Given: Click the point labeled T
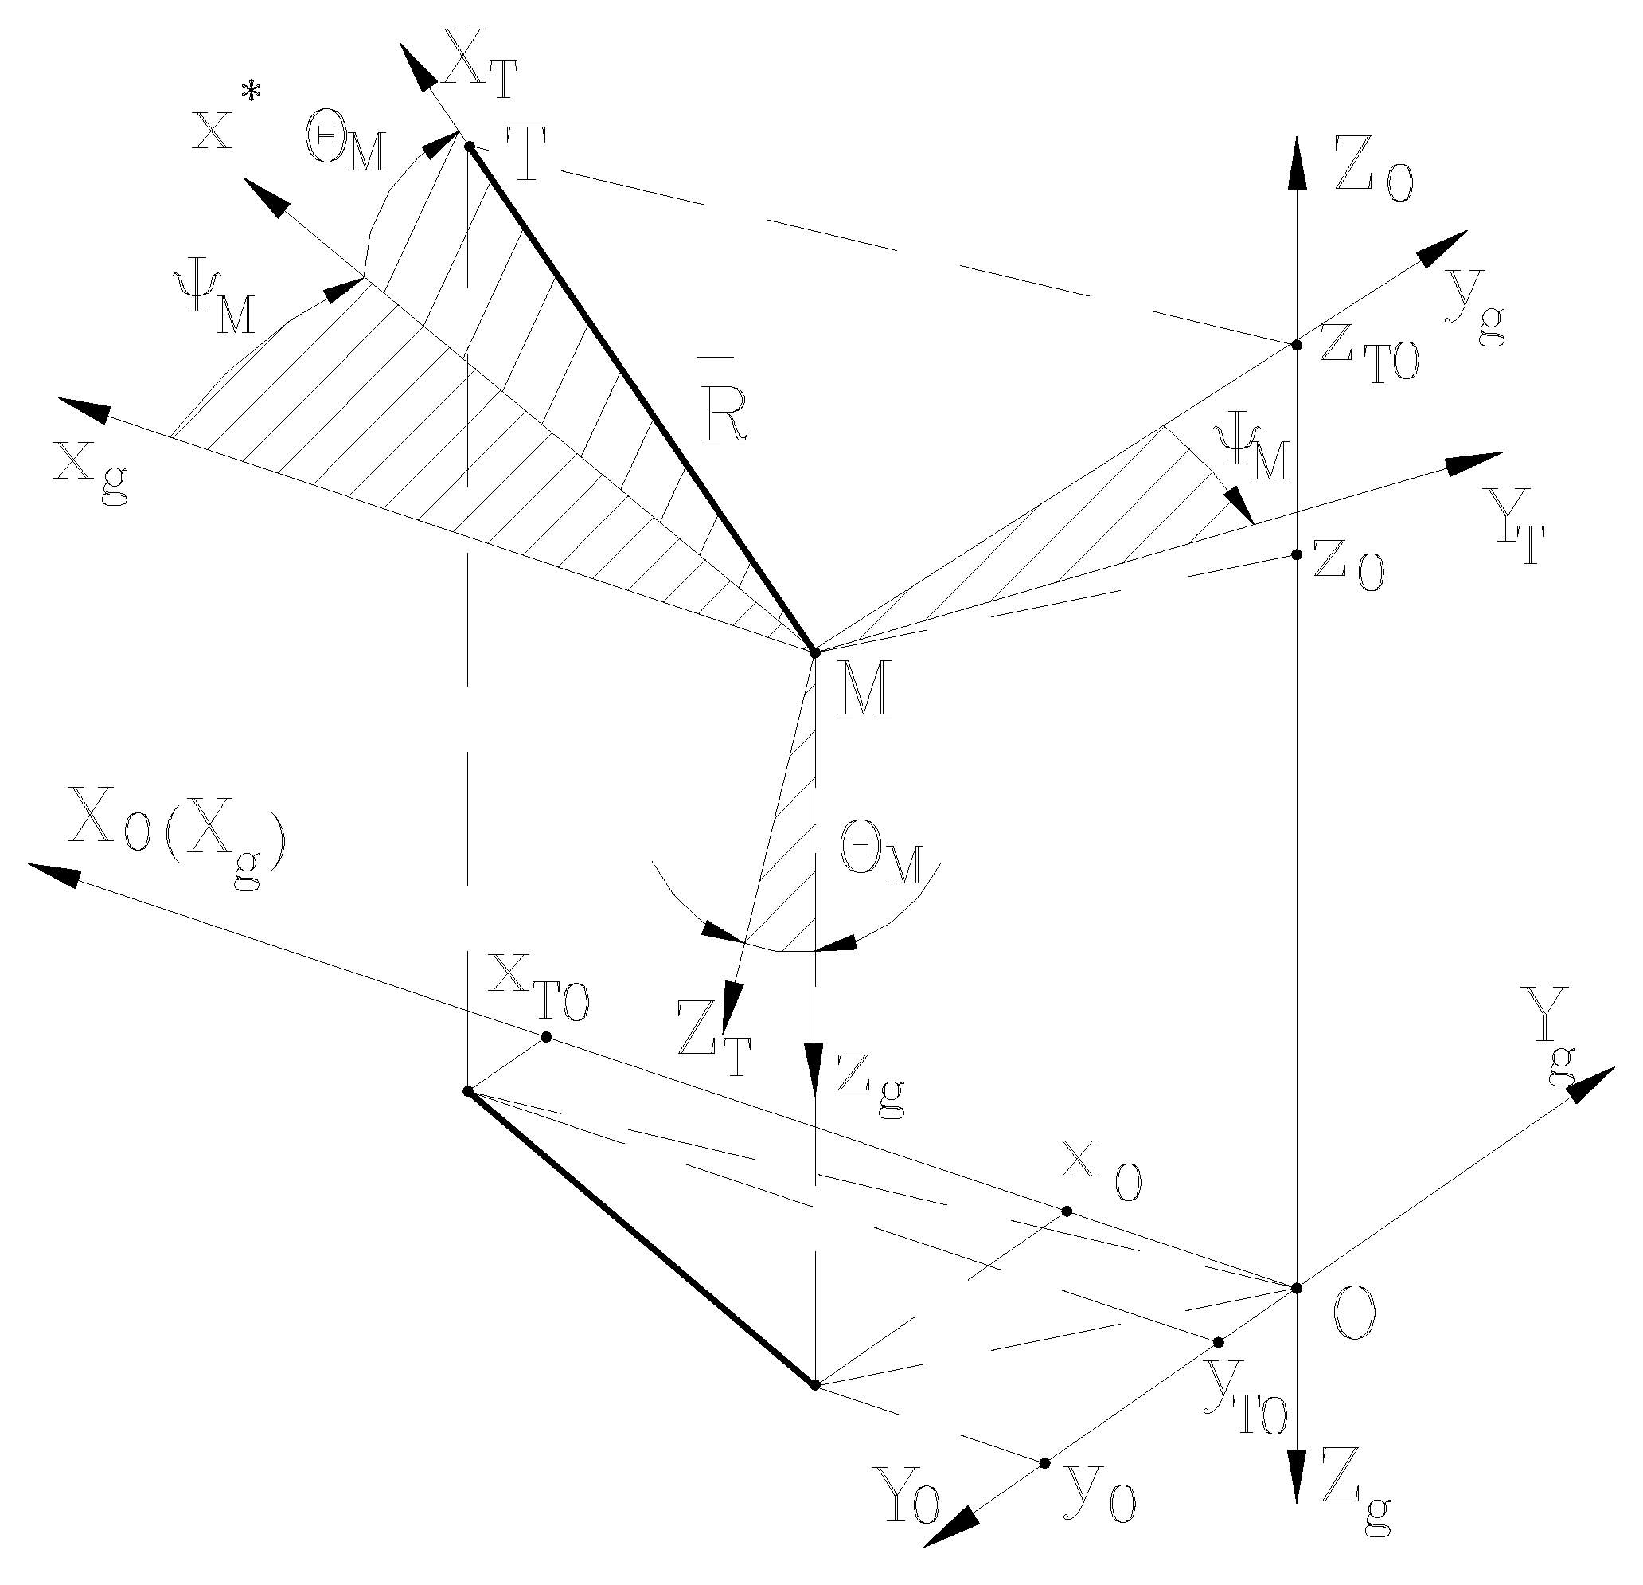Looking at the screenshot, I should tap(470, 146).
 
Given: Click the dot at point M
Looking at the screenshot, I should tap(814, 652).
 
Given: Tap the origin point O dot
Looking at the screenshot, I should tap(1296, 1287).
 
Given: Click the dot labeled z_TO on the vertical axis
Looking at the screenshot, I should tap(1296, 345).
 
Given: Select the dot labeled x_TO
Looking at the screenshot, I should tap(547, 1037).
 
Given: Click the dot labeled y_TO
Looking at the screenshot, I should tap(1219, 1343).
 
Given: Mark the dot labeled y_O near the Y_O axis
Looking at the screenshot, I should tap(1044, 1463).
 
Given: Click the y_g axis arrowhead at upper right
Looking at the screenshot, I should tap(1446, 247).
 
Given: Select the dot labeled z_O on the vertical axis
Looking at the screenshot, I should tap(1296, 554).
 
